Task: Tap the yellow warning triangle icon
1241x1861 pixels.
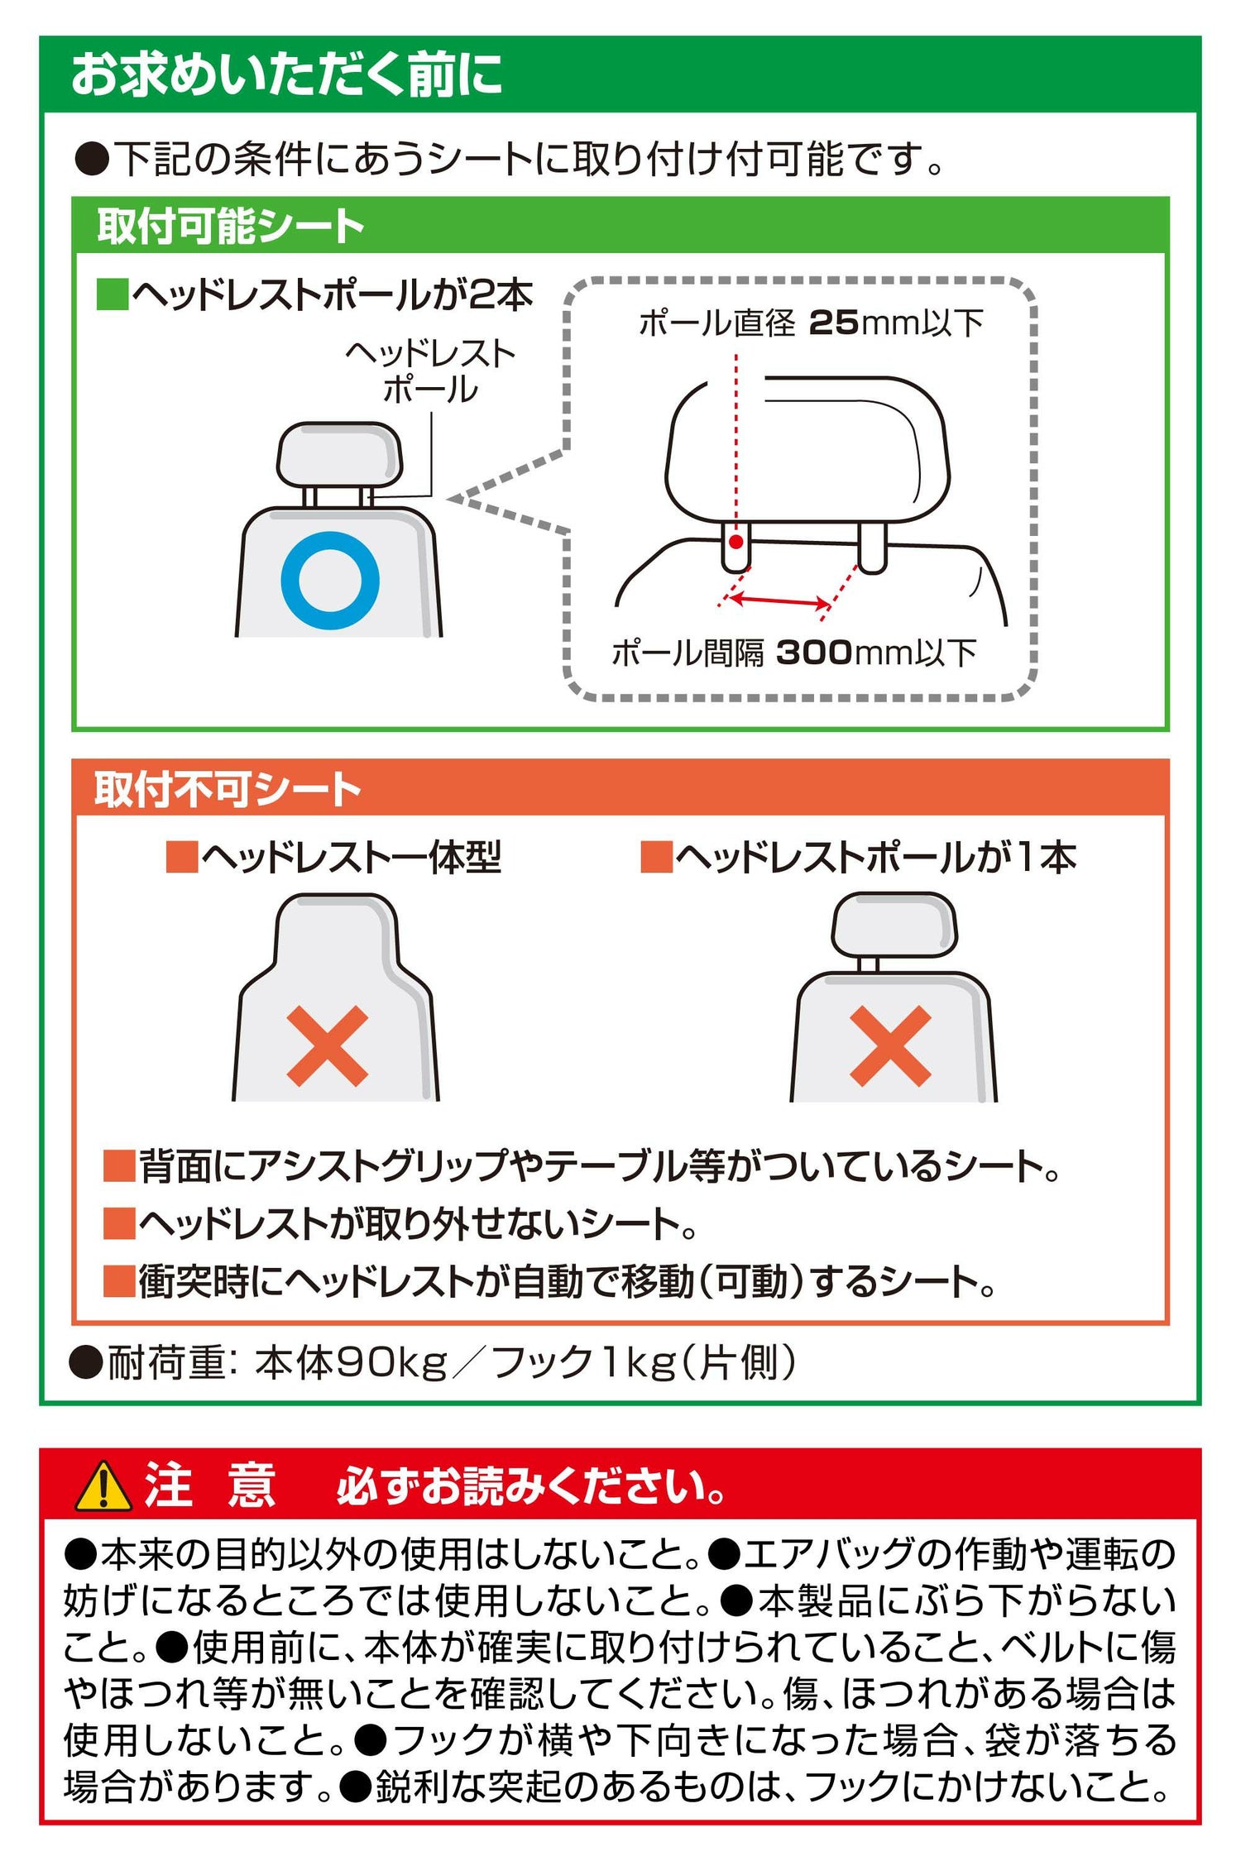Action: [x=103, y=1486]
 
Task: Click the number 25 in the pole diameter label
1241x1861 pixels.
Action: [x=833, y=323]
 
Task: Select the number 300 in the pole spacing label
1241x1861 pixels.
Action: [x=814, y=653]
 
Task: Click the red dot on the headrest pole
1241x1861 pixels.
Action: [x=735, y=543]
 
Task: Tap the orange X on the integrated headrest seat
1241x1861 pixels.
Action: [x=328, y=1046]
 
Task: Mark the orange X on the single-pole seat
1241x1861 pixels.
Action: [x=891, y=1046]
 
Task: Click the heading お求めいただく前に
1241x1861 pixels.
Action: [x=287, y=74]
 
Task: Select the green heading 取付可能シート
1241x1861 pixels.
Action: [x=231, y=226]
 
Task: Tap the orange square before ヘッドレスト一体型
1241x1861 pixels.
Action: [x=182, y=858]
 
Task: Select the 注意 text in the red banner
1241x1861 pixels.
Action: [x=210, y=1485]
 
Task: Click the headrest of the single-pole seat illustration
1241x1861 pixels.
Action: [x=894, y=925]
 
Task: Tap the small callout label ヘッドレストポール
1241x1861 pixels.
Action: [x=430, y=372]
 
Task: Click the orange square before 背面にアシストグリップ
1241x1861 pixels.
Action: [x=119, y=1165]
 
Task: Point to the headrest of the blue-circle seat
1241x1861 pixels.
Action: [x=339, y=455]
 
